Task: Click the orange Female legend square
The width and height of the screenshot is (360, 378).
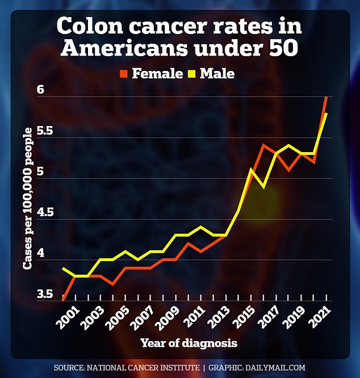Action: pyautogui.click(x=123, y=73)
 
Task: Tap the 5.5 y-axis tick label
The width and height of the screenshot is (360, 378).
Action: pyautogui.click(x=40, y=131)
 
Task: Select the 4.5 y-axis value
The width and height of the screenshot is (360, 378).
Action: pyautogui.click(x=40, y=213)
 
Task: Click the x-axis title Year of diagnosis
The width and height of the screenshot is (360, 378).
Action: pyautogui.click(x=189, y=343)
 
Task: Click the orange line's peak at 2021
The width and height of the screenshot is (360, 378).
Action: pyautogui.click(x=326, y=98)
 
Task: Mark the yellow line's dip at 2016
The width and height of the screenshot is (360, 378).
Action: pyautogui.click(x=263, y=186)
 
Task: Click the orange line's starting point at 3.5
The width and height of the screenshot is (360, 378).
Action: pyautogui.click(x=64, y=300)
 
